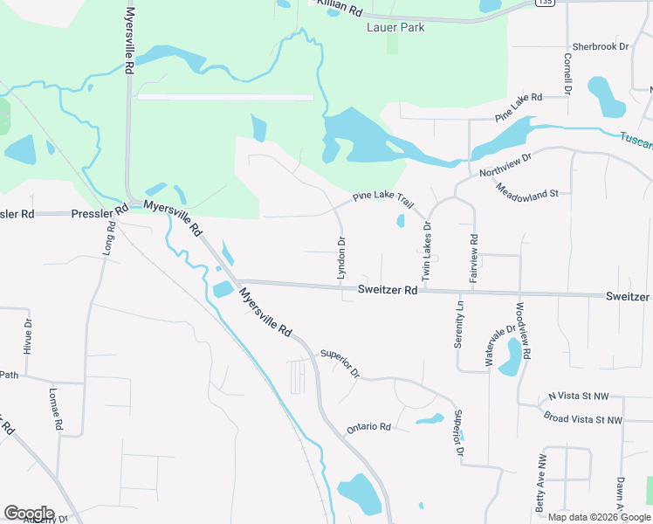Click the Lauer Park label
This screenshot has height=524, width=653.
tap(395, 28)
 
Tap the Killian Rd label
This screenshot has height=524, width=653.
tap(339, 8)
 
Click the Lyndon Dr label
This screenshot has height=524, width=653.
tap(341, 258)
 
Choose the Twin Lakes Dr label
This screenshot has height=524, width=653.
tap(427, 250)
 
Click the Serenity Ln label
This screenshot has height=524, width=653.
tap(458, 325)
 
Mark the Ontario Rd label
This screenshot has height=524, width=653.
tap(368, 427)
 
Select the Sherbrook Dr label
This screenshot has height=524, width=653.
tap(600, 47)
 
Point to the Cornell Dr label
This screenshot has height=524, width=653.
tap(567, 73)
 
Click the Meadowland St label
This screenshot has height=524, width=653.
tap(527, 190)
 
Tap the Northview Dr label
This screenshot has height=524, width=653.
tap(505, 165)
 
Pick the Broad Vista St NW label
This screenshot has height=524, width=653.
tap(582, 420)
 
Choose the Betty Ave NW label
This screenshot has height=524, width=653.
tap(541, 482)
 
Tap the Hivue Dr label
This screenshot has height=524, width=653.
tap(28, 335)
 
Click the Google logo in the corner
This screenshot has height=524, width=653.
tap(29, 514)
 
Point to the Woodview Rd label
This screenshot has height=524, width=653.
tap(522, 331)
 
